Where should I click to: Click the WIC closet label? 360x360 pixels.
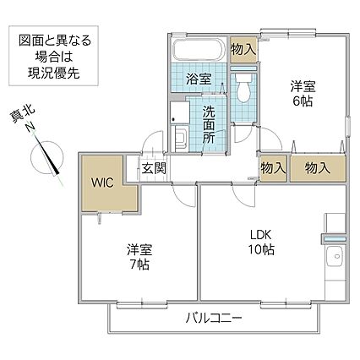[102, 183]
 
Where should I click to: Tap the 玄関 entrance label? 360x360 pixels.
[154, 169]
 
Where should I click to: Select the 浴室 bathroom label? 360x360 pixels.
[199, 79]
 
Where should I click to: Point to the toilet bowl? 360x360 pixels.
[243, 88]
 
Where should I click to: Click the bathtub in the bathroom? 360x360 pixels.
[199, 49]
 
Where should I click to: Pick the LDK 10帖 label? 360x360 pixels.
[261, 242]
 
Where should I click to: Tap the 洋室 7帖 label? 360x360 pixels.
[139, 256]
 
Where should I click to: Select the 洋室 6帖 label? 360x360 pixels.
[303, 94]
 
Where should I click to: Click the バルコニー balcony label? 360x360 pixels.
[214, 319]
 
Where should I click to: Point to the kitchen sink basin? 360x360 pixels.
[335, 257]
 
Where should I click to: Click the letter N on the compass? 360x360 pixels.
[30, 127]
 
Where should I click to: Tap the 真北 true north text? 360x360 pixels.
[22, 114]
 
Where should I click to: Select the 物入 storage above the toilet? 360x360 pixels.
[243, 50]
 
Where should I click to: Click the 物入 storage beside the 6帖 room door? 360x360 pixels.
[273, 168]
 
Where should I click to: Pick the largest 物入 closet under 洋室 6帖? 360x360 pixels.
[318, 168]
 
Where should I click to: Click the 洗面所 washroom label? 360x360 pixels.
[209, 125]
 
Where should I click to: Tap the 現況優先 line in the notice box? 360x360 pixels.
[53, 74]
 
